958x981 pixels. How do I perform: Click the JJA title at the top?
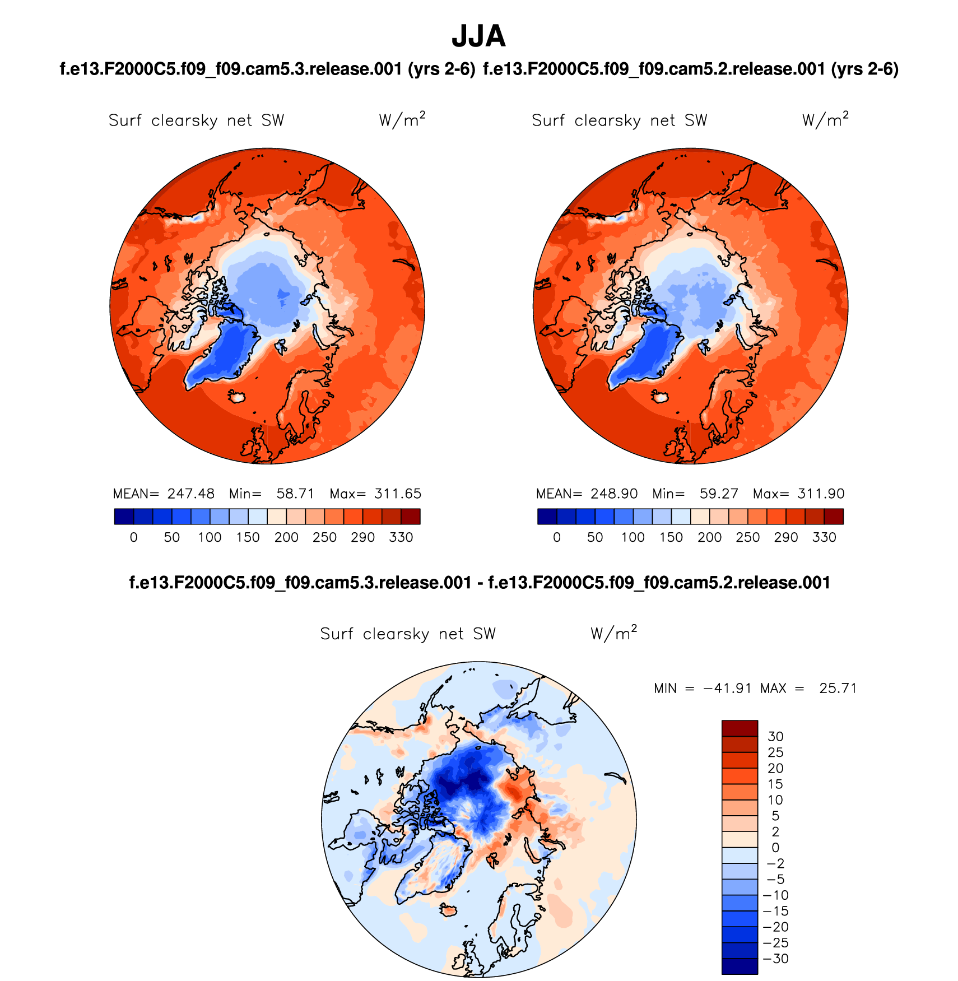pos(478,36)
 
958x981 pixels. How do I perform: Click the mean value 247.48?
pos(190,494)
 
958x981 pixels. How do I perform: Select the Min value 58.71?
pos(295,494)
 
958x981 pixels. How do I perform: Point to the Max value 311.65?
pos(398,494)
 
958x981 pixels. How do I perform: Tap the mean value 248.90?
pos(614,494)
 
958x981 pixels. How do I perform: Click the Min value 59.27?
pos(719,494)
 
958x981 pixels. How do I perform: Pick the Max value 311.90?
pos(821,494)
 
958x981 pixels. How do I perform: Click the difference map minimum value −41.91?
pos(727,688)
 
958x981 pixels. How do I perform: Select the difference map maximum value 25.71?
pos(838,688)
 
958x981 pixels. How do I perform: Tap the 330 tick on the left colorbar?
pos(401,537)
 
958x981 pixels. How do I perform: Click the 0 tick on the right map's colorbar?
pos(556,537)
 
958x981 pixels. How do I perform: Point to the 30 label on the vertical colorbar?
pos(775,736)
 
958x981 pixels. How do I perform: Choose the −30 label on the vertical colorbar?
pos(775,959)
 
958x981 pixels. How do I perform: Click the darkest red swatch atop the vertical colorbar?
pos(740,728)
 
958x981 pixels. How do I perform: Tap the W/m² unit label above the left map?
pos(402,120)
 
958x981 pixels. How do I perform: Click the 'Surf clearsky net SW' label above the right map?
pos(619,120)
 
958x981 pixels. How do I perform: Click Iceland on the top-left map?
pos(237,397)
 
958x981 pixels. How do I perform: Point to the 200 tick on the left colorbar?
pos(286,537)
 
